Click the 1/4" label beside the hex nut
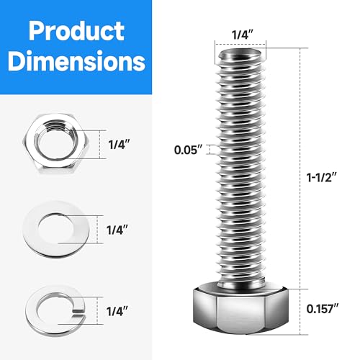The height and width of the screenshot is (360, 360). tap(117, 144)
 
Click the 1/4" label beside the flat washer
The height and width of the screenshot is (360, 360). tap(117, 230)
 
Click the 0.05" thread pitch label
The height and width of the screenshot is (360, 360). tap(189, 150)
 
